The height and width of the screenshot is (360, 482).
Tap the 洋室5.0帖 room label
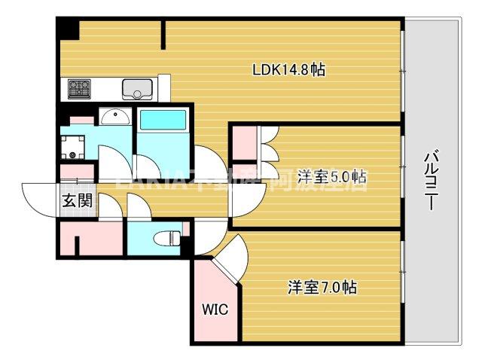coord(331,178)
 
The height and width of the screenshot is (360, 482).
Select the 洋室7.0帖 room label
coord(322,287)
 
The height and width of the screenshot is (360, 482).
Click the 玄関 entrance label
coord(77,201)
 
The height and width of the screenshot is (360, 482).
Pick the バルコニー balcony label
coord(432,182)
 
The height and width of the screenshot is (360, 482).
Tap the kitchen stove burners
coord(79,89)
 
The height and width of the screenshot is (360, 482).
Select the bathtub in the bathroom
coord(163,121)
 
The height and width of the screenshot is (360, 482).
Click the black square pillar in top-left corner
coord(69,30)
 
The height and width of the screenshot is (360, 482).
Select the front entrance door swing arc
coord(38,200)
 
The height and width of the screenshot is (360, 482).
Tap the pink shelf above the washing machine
coord(81,120)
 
